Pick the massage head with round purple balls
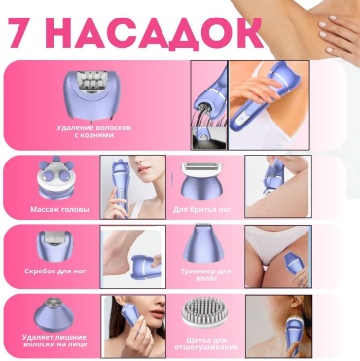(53, 177)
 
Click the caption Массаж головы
(59, 209)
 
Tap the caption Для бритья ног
(202, 209)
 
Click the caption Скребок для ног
(55, 271)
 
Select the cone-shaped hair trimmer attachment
(201, 244)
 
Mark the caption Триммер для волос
(205, 274)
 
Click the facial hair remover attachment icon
(52, 314)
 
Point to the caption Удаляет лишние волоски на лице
(54, 341)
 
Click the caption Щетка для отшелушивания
(206, 343)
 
